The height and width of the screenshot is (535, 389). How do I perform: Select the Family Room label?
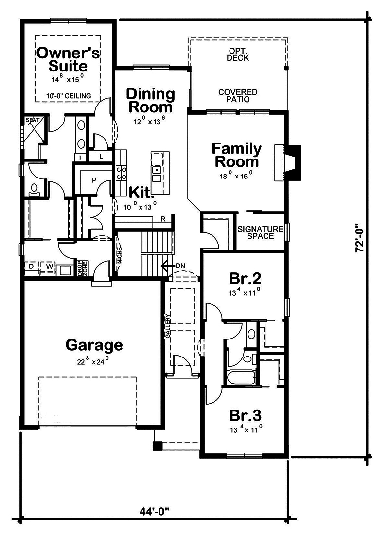coord(236,155)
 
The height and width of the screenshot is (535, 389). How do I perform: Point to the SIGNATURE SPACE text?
coord(260,232)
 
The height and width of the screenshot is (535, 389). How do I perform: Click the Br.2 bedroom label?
coord(245,279)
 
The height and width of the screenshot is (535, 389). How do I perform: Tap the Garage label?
coord(94,345)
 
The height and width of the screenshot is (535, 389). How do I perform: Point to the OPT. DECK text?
coord(238,54)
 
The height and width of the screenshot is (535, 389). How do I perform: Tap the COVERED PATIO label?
coord(238,96)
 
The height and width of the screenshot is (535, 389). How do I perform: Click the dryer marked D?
coord(32,267)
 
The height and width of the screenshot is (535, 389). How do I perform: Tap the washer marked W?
coord(49,267)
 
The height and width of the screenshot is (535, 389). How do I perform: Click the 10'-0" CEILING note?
coord(69,96)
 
